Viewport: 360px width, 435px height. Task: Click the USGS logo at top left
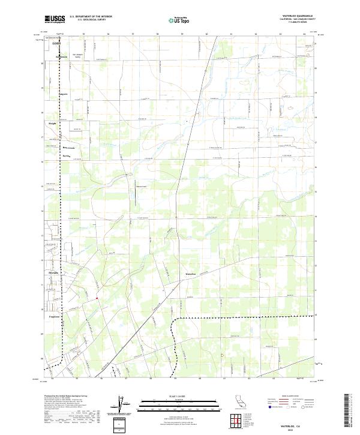[56, 19]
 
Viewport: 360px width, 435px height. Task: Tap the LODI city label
[57, 44]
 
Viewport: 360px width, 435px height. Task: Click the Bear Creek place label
[69, 148]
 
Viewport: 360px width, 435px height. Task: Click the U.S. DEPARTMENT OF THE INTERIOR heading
[91, 16]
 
